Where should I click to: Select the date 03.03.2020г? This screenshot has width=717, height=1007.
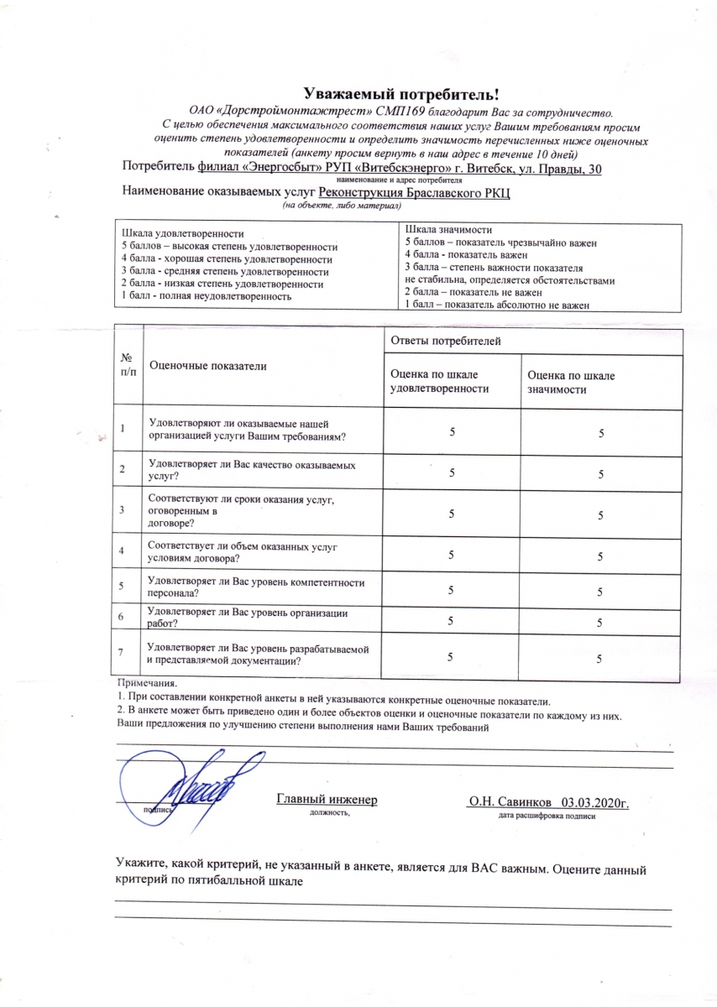tap(595, 802)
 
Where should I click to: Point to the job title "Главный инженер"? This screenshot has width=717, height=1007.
tap(327, 799)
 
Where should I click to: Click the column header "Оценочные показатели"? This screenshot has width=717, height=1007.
tap(207, 366)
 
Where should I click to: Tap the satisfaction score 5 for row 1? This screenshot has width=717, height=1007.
tap(452, 430)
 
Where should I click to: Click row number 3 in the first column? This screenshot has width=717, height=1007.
tap(123, 510)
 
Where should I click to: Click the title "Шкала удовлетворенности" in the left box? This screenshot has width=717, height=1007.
tap(182, 233)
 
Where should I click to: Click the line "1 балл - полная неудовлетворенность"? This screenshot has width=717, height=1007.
tap(207, 297)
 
